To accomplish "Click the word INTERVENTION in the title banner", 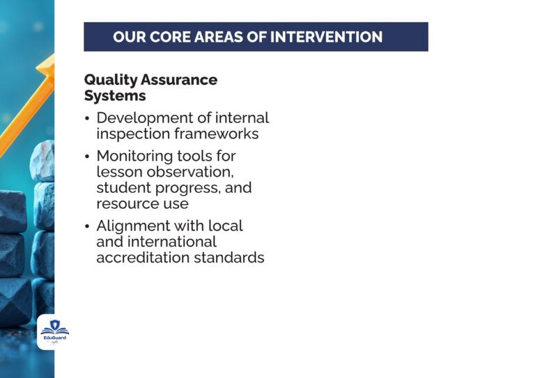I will coord(326,37).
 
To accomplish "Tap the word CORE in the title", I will coord(172,37).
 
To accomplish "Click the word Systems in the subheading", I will coord(115,96).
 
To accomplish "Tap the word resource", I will coord(125,204).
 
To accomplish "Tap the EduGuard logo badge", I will coord(54,332).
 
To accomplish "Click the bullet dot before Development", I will coord(87,119).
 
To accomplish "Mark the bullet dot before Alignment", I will coord(87,227).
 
